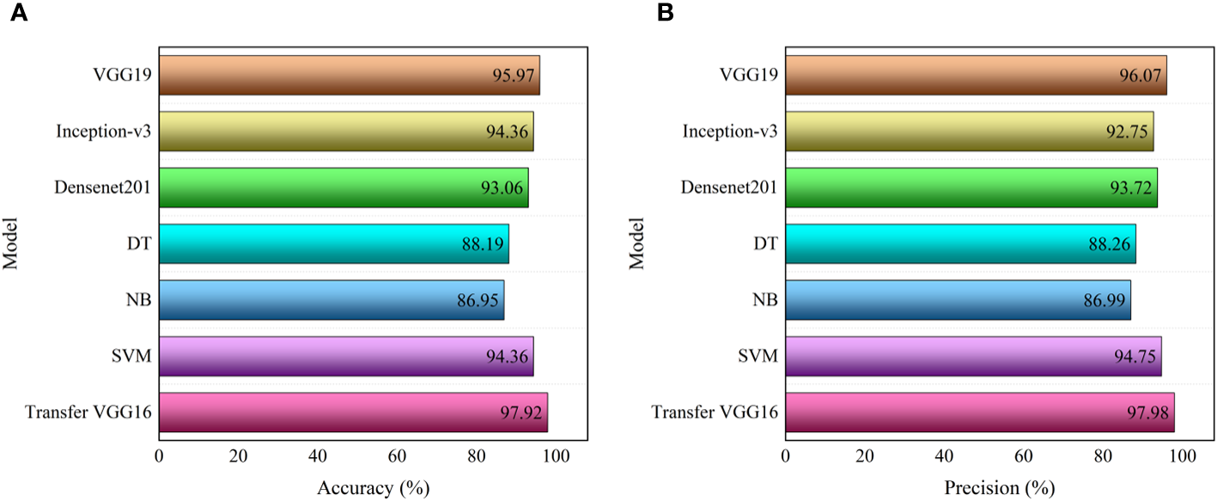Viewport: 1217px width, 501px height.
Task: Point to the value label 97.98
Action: [1146, 412]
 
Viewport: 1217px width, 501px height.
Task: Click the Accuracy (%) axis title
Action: [373, 488]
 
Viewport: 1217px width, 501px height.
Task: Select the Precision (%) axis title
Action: [999, 488]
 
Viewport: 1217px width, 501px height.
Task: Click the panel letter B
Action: [641, 15]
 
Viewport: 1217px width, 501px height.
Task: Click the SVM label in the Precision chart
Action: [760, 356]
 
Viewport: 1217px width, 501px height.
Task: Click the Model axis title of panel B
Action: [636, 244]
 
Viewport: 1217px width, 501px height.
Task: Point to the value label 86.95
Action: [478, 300]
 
